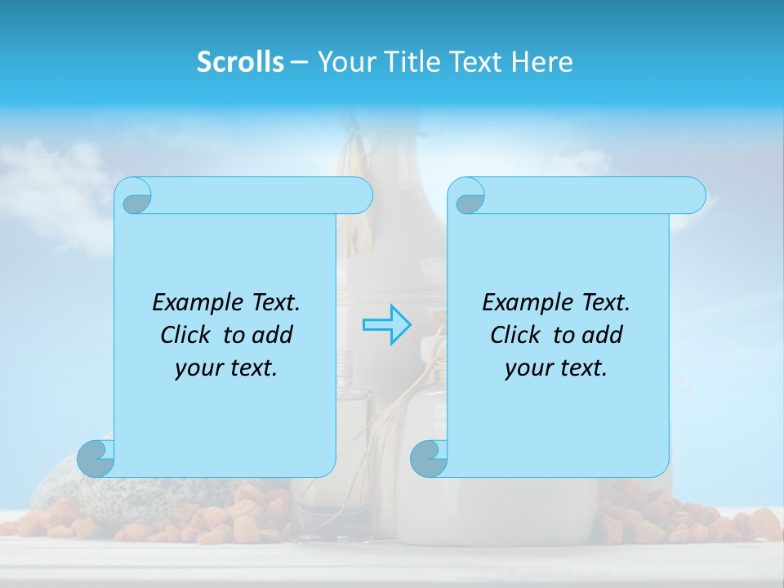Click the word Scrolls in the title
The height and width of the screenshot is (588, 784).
pos(240,62)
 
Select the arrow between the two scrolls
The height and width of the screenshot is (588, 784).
pos(386,324)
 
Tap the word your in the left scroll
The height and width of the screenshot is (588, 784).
pos(198,368)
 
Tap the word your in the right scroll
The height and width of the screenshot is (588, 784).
pos(528,368)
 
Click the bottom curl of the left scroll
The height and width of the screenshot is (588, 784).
pos(96,459)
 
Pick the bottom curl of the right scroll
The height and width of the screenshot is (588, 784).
pos(429,459)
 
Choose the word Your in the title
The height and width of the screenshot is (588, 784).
pos(347,62)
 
